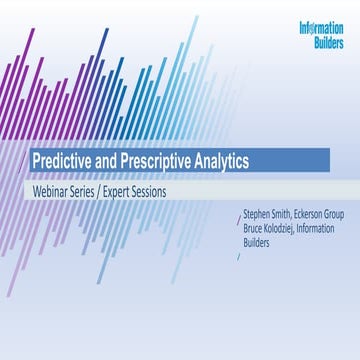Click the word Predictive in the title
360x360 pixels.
pyautogui.click(x=63, y=160)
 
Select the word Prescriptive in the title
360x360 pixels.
pyautogui.click(x=156, y=160)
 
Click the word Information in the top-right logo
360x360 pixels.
pyautogui.click(x=321, y=28)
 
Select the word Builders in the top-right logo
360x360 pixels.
pyautogui.click(x=325, y=43)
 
